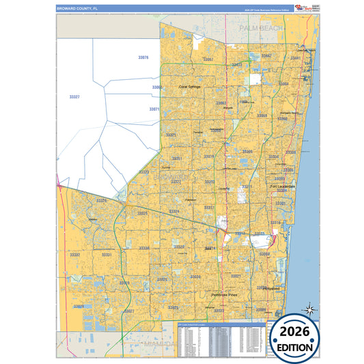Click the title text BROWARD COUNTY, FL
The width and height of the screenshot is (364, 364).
point(78,8)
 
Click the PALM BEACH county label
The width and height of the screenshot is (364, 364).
point(261,28)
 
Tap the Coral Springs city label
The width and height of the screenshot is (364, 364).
point(192,87)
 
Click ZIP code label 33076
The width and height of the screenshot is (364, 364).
point(143,58)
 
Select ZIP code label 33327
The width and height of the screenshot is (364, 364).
point(75,98)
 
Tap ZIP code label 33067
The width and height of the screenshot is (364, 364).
point(208,59)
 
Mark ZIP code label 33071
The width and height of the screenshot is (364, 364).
point(154,109)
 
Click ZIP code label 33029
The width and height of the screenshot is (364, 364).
point(79,307)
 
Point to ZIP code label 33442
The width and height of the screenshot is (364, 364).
point(266,55)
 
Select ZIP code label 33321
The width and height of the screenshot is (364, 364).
point(171,135)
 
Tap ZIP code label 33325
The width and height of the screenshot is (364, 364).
point(142,214)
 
